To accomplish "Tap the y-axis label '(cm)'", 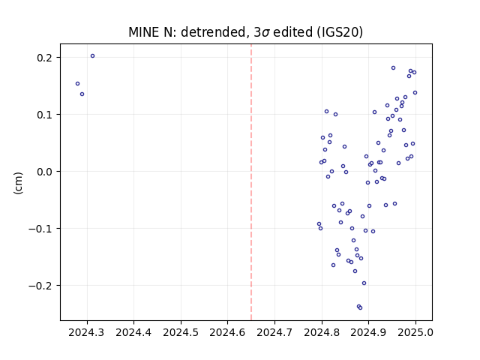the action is click(18, 183).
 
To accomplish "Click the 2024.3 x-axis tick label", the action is click(86, 332).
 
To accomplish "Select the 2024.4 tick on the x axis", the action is click(133, 332).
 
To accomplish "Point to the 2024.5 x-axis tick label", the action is click(181, 332).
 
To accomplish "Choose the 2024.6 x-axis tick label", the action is click(227, 332).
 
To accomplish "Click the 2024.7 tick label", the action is click(274, 332).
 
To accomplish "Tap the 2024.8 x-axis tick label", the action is click(322, 332).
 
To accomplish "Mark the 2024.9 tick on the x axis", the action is click(368, 332).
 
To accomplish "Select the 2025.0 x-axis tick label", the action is click(415, 332).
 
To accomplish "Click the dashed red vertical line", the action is click(251, 182).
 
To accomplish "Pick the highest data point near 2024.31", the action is click(93, 56).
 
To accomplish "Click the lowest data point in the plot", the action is click(360, 307).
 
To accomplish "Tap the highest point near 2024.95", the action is click(393, 68).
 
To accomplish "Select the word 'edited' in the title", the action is click(293, 32).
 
